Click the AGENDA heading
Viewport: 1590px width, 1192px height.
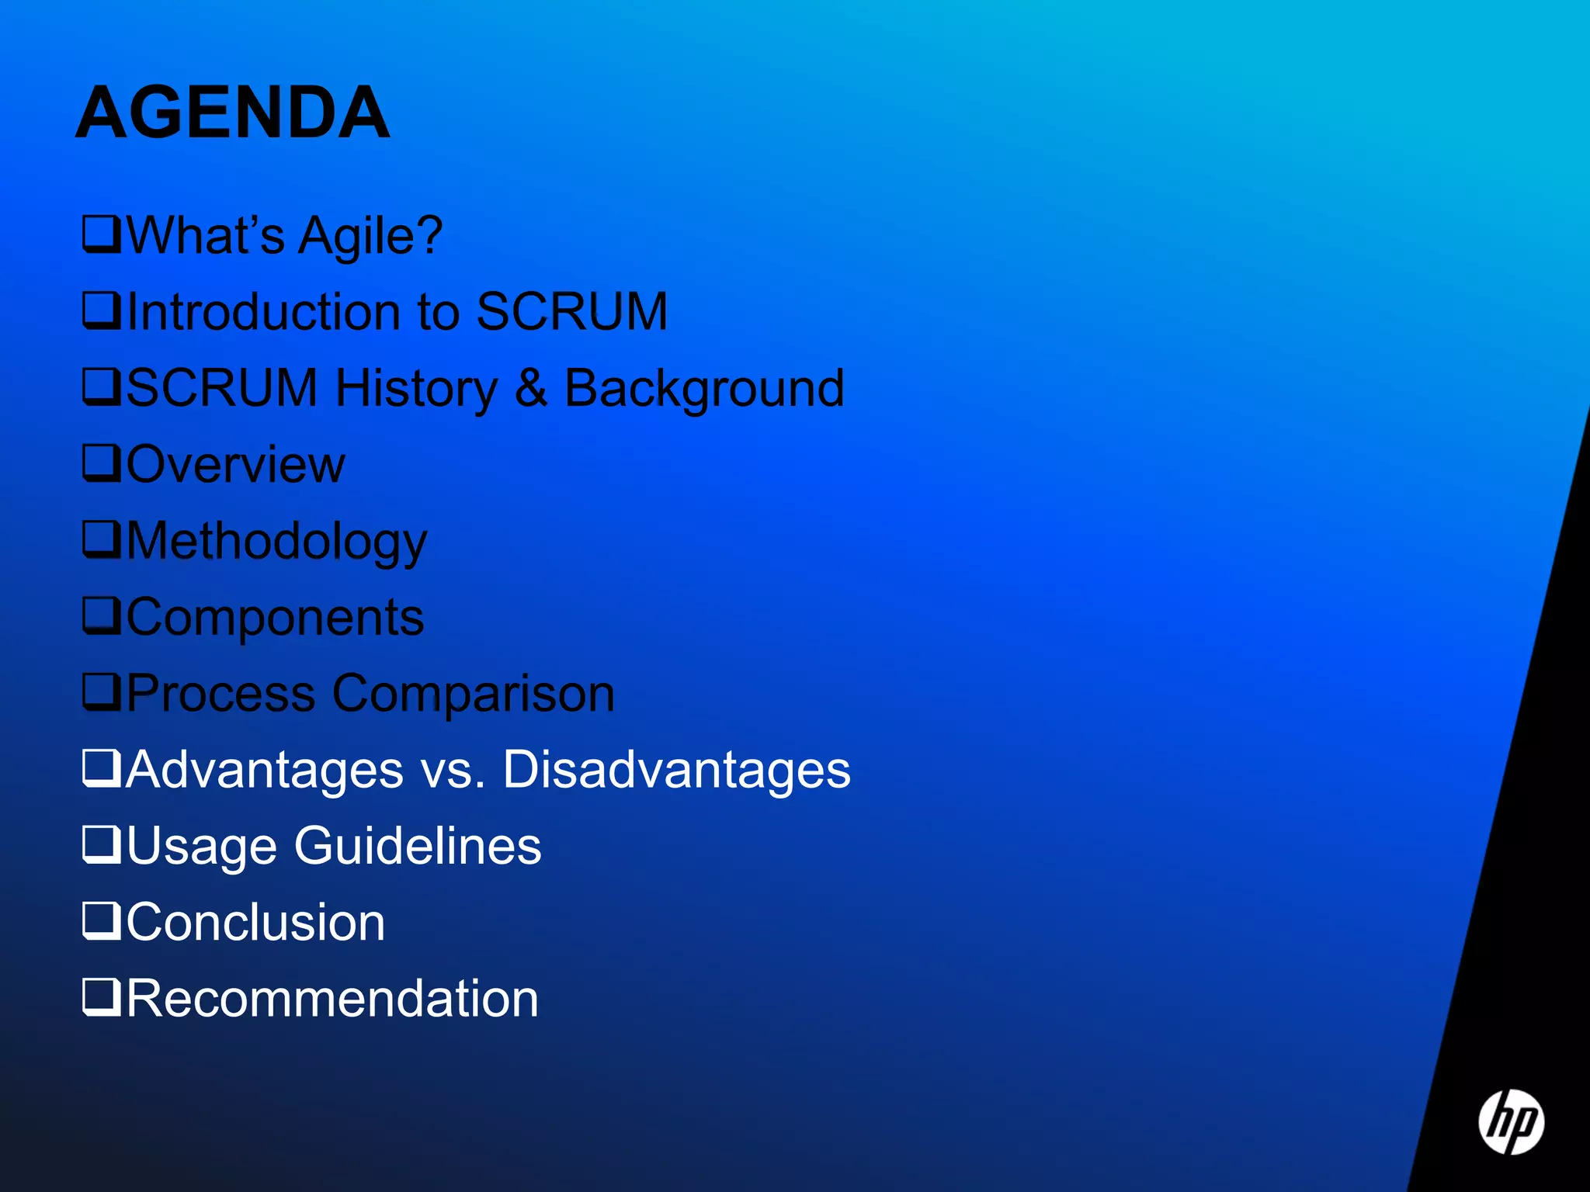point(232,114)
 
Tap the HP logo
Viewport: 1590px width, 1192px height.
point(1510,1121)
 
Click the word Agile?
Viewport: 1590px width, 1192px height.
point(370,236)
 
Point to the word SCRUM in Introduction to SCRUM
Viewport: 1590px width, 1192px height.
point(571,312)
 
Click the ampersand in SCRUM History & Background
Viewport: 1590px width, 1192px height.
point(530,388)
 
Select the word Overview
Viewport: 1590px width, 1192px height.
point(235,465)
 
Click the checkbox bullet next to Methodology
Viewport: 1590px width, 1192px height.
point(102,539)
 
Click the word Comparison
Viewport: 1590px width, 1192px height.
point(474,694)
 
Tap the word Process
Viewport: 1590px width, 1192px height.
point(220,694)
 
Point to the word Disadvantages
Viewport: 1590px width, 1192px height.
point(676,770)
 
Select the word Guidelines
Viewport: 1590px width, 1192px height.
point(418,846)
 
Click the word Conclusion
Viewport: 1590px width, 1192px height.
point(255,923)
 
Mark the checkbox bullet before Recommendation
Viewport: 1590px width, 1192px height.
point(102,997)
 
